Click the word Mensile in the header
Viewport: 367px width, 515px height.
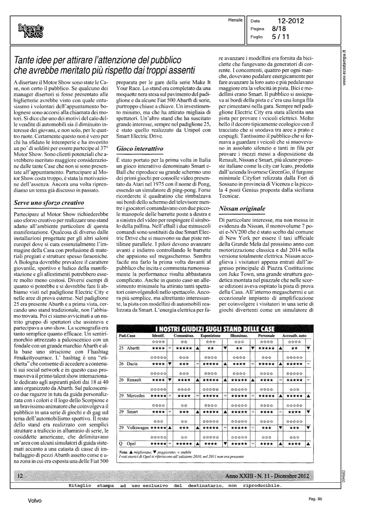(236, 20)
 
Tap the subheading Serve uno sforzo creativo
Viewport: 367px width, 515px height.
(49, 203)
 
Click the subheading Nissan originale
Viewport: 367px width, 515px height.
(242, 208)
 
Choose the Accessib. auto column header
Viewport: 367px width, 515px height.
(294, 335)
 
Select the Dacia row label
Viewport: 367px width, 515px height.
(132, 364)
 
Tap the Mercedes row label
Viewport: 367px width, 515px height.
(135, 396)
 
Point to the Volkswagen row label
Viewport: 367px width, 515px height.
(137, 427)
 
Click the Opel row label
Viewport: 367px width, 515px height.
(131, 444)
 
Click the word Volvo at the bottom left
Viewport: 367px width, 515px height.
(35, 501)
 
